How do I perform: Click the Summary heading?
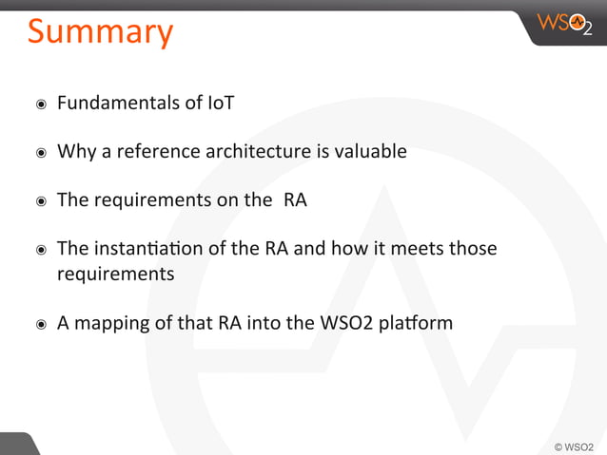point(100,31)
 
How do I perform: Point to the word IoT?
point(220,102)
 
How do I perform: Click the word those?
point(472,250)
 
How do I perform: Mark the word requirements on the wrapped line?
point(116,275)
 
